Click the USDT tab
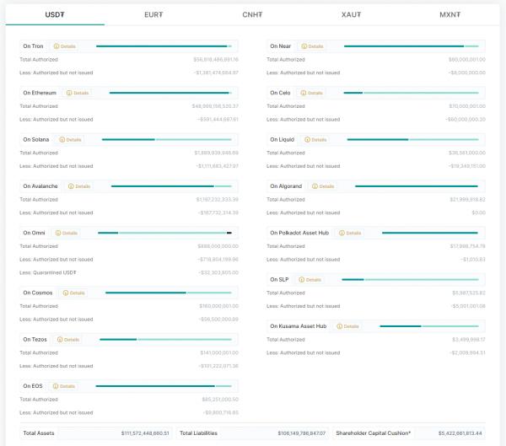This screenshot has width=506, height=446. coord(55,14)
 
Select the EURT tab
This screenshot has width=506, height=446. coord(153,14)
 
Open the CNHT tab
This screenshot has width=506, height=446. coord(252,14)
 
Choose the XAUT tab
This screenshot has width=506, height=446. coord(351,14)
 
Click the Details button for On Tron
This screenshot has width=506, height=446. coord(64,46)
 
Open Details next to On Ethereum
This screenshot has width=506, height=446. coord(77,93)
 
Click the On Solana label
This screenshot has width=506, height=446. coord(37,139)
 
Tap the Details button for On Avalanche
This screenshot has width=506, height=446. coord(78,185)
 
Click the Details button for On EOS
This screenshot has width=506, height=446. coord(63,385)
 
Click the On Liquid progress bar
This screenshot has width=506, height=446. coord(412,139)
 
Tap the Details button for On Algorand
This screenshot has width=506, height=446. coord(323,185)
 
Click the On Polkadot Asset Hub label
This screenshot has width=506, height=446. coord(299,232)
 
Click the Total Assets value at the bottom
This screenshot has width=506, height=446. coord(145,433)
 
